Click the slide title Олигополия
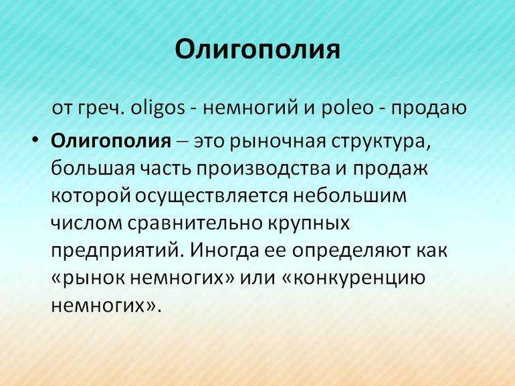(x=257, y=50)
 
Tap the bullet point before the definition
(x=35, y=140)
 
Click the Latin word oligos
(x=158, y=108)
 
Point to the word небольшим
(x=349, y=195)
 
